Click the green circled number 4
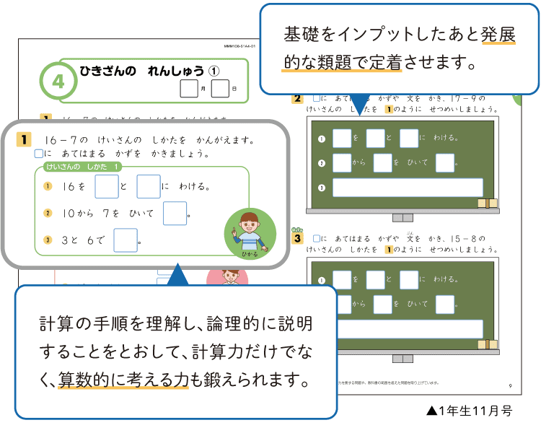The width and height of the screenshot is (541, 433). pos(59,82)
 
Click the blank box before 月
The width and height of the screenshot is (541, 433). pos(188,89)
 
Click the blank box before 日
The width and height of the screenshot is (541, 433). pos(220,89)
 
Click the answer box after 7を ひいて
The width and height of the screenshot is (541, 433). pos(175,214)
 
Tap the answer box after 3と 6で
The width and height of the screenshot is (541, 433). pos(125,240)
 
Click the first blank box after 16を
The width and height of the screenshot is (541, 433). pos(107,186)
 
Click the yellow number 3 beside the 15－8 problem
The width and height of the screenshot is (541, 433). pos(296,237)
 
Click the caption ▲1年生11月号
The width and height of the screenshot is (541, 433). pos(469,411)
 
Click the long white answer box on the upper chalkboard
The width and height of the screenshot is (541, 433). pos(408,188)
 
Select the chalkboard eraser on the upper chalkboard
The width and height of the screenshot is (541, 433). pos(488,204)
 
